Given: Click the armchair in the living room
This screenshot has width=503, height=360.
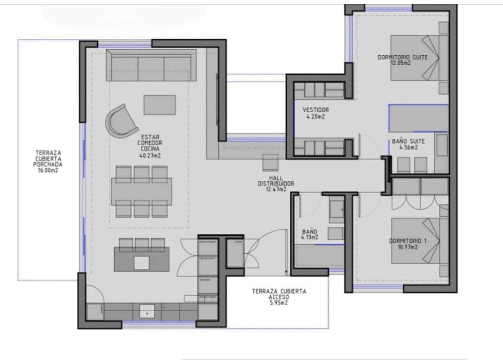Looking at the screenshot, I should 121,121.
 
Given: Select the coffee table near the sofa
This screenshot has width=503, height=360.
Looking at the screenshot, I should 160,105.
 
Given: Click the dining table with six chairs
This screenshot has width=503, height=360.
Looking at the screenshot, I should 142,191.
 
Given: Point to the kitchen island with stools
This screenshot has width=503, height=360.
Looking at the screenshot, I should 142,259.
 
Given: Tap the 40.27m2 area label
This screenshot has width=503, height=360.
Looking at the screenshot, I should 150,156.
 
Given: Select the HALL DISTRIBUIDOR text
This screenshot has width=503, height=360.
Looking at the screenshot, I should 276,181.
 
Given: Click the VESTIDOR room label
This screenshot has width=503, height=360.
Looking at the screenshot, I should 316,110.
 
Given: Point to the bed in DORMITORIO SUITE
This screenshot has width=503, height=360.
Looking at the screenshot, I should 419,57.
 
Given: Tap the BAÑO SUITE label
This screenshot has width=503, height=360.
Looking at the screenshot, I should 408,141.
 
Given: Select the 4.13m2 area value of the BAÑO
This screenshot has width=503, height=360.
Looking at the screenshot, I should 309,237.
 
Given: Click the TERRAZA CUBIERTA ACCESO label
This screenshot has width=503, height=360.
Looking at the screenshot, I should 279,294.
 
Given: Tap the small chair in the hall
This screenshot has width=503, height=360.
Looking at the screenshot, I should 271,162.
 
